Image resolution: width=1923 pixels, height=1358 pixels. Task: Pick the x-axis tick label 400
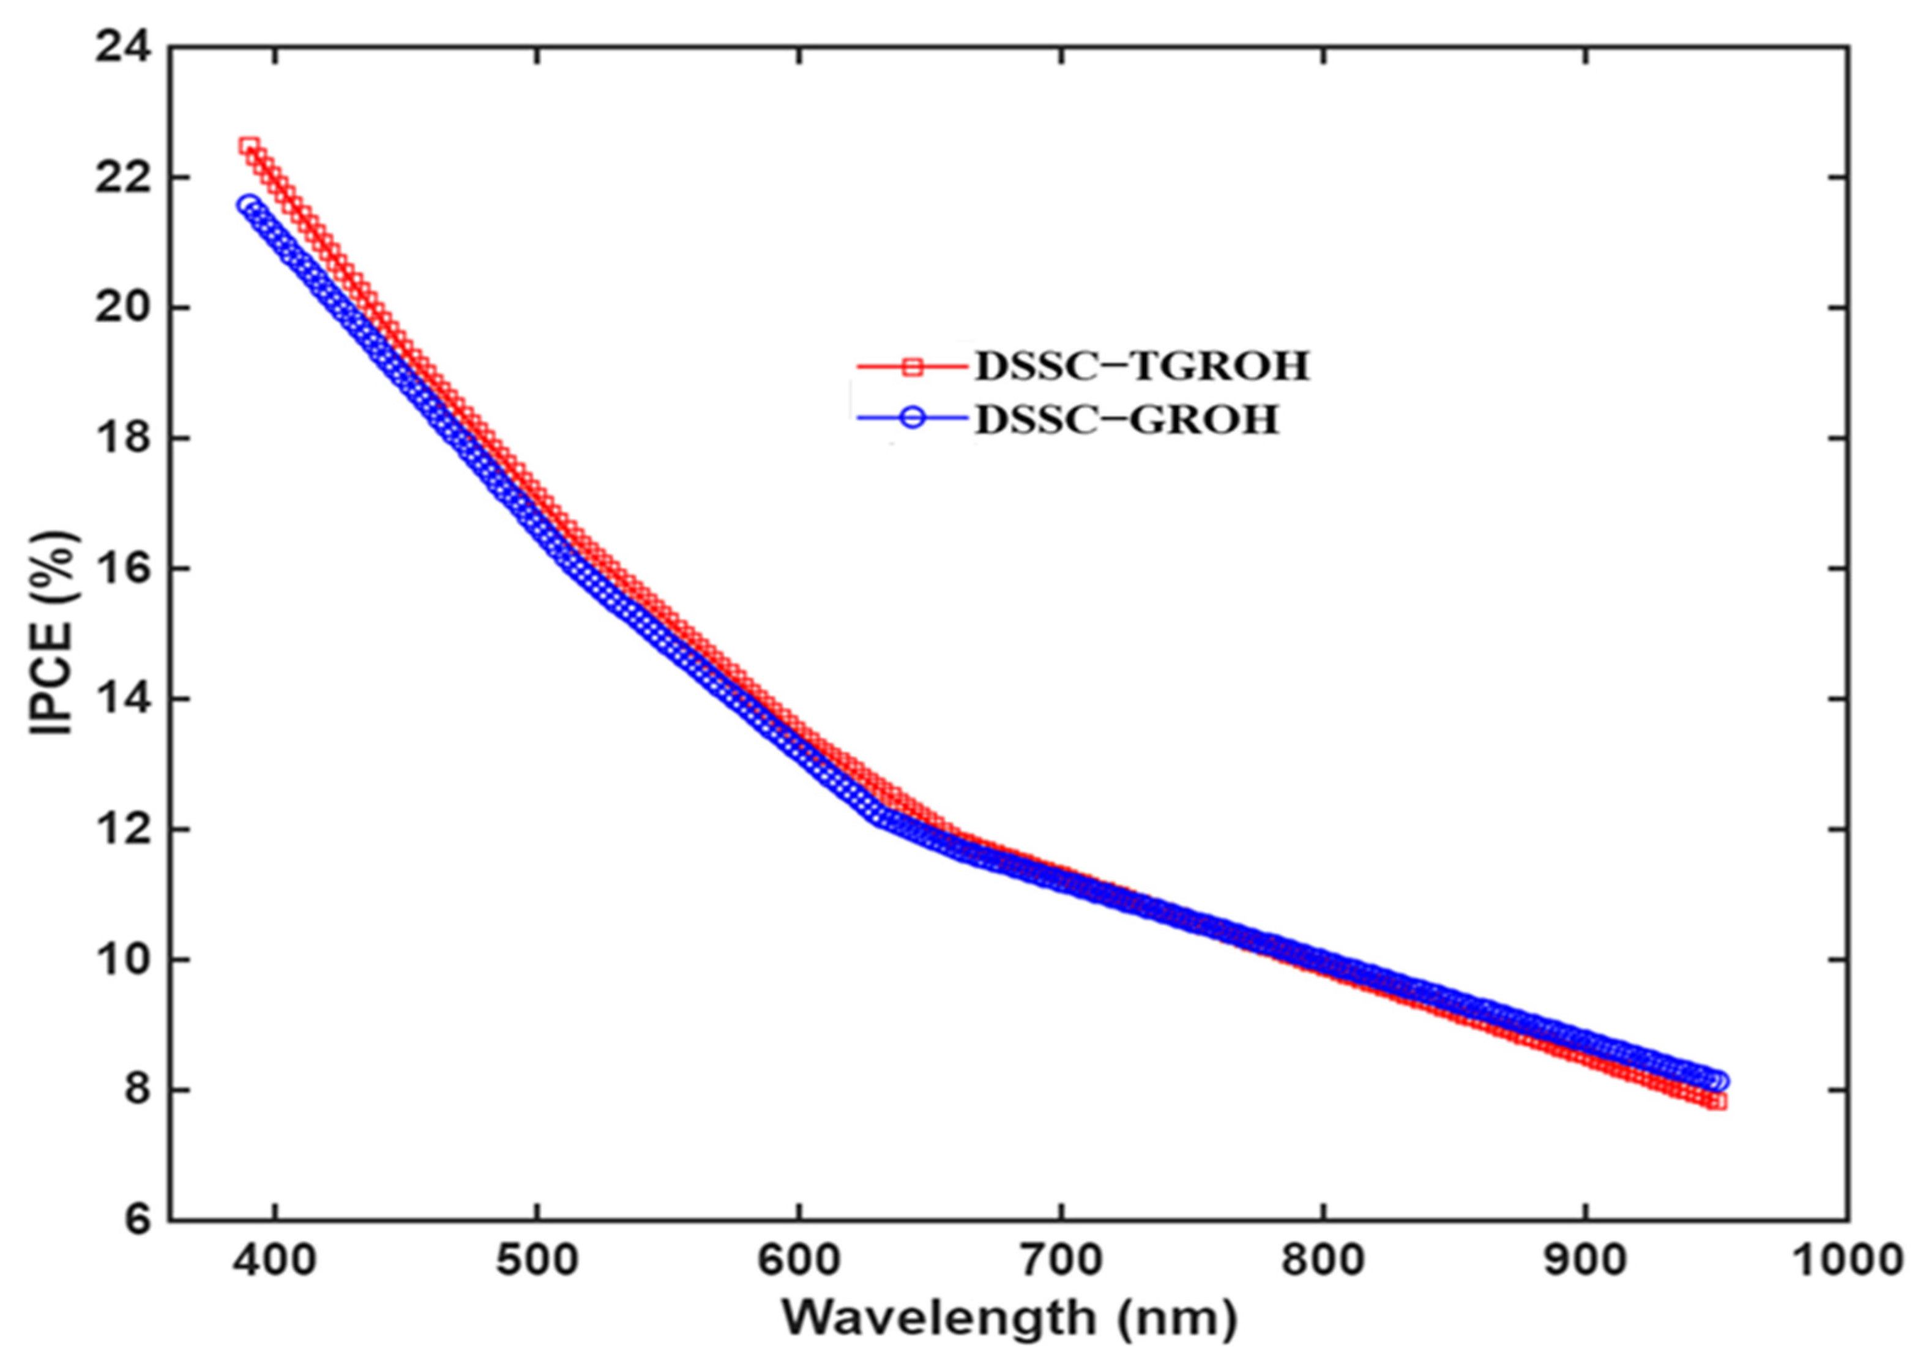point(275,1261)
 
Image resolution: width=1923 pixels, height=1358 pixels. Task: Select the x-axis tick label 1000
point(1846,1261)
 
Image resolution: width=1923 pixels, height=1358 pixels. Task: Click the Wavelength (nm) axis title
point(1009,1320)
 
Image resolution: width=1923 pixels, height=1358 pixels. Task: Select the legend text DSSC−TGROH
point(1141,367)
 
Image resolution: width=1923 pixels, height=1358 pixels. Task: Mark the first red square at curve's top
point(248,146)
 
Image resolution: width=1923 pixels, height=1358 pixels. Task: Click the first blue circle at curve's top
point(248,205)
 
